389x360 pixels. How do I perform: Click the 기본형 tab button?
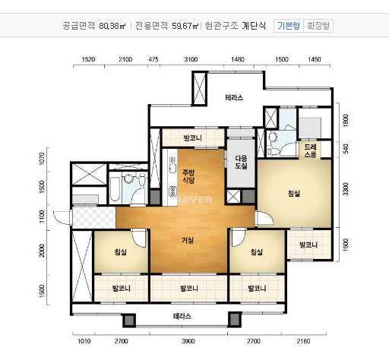click(x=289, y=25)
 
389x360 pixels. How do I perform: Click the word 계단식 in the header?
click(x=255, y=25)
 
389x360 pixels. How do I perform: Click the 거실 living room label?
click(x=187, y=240)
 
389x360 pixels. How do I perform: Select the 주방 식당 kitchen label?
click(x=188, y=176)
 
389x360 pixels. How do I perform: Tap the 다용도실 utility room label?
click(x=240, y=161)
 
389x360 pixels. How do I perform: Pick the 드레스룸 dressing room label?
click(x=311, y=150)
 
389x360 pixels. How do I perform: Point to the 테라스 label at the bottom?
click(x=182, y=315)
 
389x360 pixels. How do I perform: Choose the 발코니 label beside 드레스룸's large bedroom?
click(x=308, y=245)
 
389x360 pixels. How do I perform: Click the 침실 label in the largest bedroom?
click(x=293, y=194)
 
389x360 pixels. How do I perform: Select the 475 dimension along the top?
click(x=153, y=58)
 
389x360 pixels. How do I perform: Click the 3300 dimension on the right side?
click(x=344, y=186)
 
